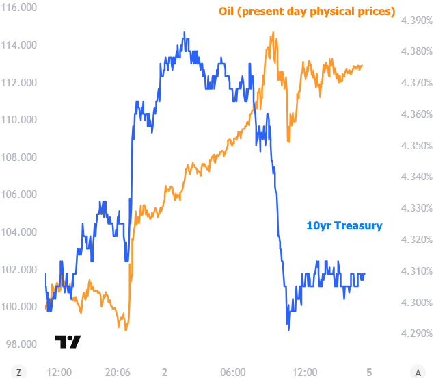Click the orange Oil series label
307,12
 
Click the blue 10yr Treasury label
344,225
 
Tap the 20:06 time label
118,373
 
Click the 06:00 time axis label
233,373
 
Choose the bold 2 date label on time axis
164,373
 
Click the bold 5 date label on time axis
369,373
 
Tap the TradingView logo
68,342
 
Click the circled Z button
19,373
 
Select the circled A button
417,373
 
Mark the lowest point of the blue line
288,330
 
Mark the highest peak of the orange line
273,32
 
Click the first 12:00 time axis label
59,373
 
